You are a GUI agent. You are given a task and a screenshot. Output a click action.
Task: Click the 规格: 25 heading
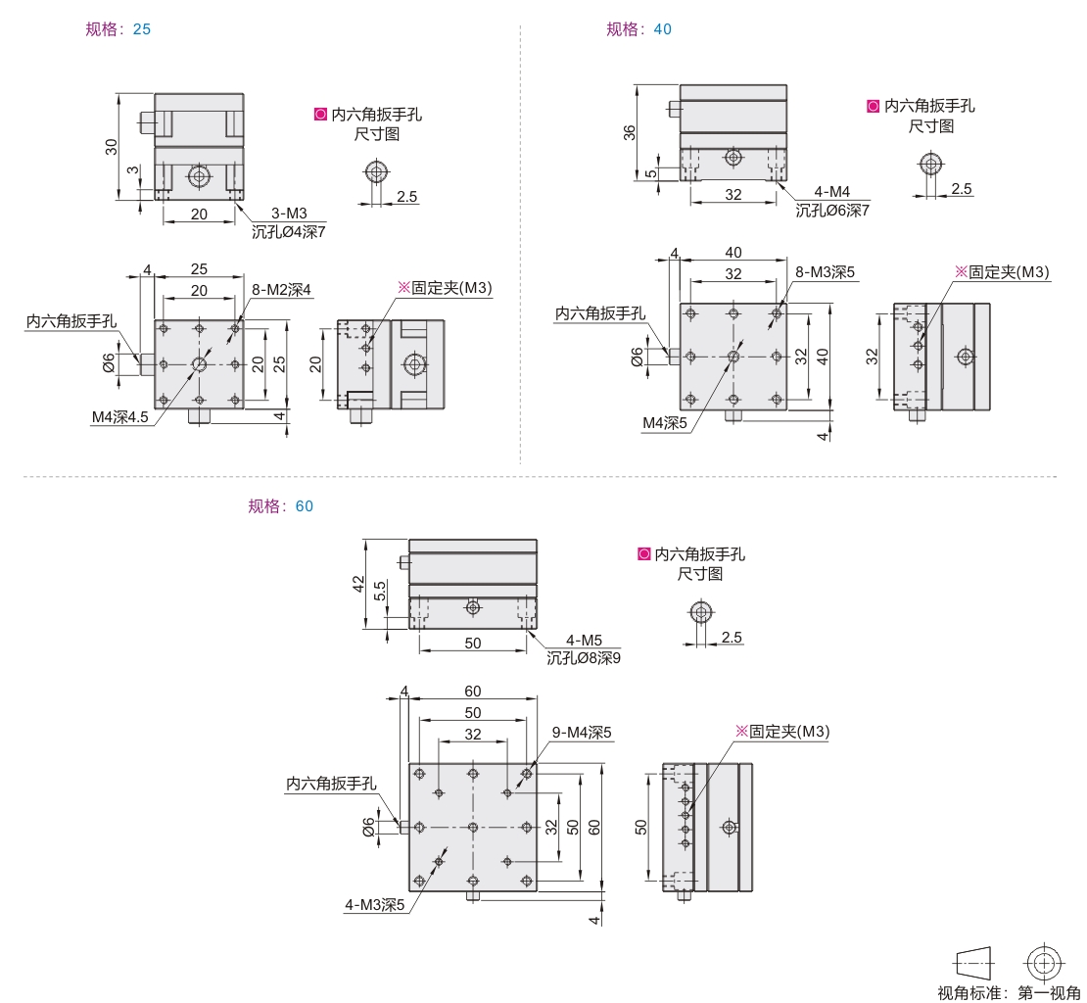(118, 29)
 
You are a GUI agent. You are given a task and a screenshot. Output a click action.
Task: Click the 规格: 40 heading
(638, 29)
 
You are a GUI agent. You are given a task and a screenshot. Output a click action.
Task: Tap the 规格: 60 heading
(281, 506)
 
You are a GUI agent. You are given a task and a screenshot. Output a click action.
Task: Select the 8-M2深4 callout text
(281, 290)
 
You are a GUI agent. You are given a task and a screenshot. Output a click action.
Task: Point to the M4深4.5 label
(119, 416)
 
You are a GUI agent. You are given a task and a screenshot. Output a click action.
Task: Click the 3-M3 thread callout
(288, 214)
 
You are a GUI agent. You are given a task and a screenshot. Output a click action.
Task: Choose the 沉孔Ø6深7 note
(831, 210)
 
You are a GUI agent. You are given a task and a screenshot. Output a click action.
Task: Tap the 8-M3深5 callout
(825, 272)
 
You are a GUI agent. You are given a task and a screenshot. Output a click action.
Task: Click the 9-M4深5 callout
(582, 733)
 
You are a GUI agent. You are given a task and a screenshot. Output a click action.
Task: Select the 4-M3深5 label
(374, 905)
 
